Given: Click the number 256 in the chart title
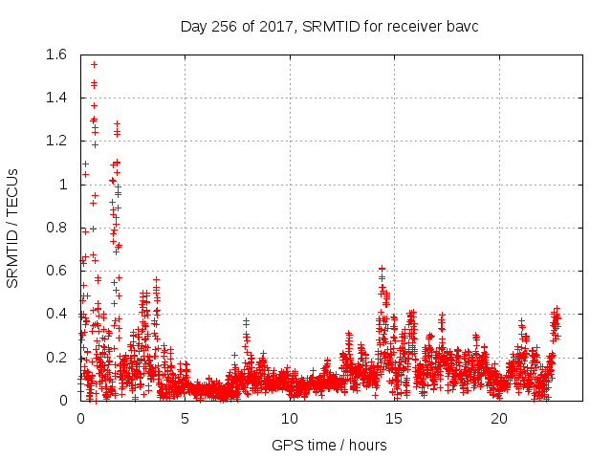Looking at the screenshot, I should coord(223,26).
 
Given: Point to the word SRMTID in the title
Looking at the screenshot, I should coord(331,26).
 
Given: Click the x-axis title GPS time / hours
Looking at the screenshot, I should coord(329,445).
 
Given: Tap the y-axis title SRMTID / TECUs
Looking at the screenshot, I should coord(13,228).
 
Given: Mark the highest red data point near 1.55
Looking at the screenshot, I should coord(94,64).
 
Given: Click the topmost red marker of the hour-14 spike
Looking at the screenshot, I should coord(382,269).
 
